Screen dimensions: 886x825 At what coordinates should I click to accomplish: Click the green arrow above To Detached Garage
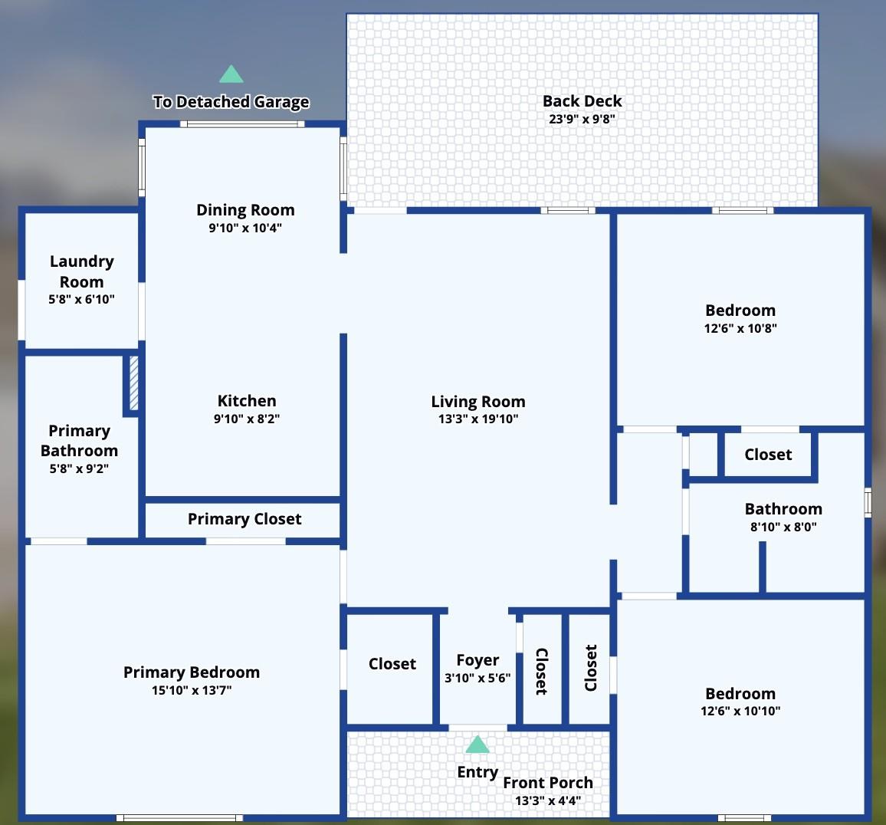coord(231,74)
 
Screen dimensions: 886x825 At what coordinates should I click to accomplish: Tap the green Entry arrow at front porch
coord(477,744)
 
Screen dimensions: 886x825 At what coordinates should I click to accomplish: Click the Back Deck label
coord(582,100)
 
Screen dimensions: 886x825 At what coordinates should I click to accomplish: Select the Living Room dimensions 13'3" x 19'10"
coord(478,419)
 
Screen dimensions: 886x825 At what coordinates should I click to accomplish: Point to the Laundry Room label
coord(82,271)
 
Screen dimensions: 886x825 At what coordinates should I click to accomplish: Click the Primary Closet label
coord(244,519)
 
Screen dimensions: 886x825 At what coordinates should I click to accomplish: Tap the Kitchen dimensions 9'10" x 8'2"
coord(246,419)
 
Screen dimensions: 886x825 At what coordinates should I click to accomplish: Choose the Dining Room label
coord(245,210)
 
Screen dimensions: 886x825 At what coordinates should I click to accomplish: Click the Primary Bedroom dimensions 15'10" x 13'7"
coord(192,690)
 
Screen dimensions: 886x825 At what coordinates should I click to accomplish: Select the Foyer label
coord(477,660)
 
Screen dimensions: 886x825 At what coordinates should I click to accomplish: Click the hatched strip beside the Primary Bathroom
coord(134,383)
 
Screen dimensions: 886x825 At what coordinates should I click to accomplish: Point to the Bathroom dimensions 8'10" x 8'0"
coord(783,527)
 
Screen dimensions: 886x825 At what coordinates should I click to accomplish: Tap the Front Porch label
coord(547,783)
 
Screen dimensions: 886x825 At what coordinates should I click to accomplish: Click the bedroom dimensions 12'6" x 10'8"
coord(740,328)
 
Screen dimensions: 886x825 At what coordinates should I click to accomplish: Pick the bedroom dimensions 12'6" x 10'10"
coord(740,712)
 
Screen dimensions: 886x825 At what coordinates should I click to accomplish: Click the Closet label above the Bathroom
coord(768,455)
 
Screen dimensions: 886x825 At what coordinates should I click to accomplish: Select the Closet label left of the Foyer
coord(392,664)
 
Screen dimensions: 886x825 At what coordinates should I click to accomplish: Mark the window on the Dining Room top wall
coord(242,124)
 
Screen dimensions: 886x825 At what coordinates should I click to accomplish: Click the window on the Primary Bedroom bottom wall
coord(179,818)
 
